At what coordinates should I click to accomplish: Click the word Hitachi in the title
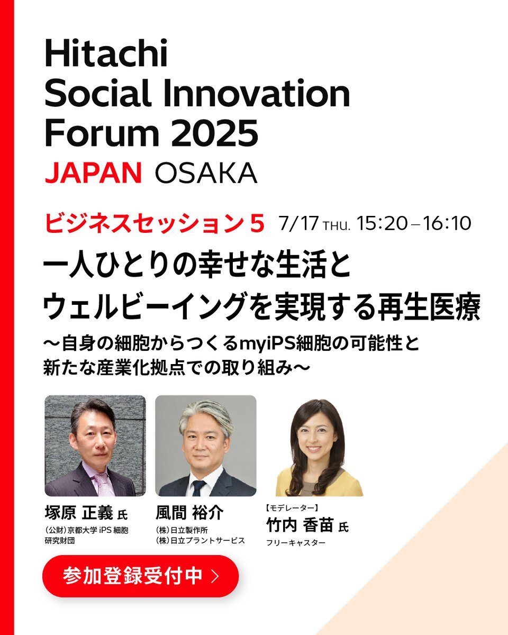pyautogui.click(x=106, y=53)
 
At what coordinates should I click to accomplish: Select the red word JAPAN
pyautogui.click(x=93, y=173)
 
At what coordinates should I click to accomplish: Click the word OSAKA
pyautogui.click(x=206, y=173)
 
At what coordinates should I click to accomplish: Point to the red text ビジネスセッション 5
pyautogui.click(x=154, y=224)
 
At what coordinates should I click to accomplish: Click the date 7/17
pyautogui.click(x=298, y=223)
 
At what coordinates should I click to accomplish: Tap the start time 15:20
pyautogui.click(x=382, y=223)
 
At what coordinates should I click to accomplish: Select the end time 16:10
pyautogui.click(x=447, y=223)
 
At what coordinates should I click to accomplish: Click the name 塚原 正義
pyautogui.click(x=79, y=513)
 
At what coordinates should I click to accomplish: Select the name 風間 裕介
pyautogui.click(x=189, y=513)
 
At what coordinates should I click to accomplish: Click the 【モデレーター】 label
pyautogui.click(x=291, y=507)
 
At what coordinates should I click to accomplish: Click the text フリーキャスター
pyautogui.click(x=296, y=543)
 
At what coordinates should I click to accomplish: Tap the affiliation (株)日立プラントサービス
pyautogui.click(x=201, y=541)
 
